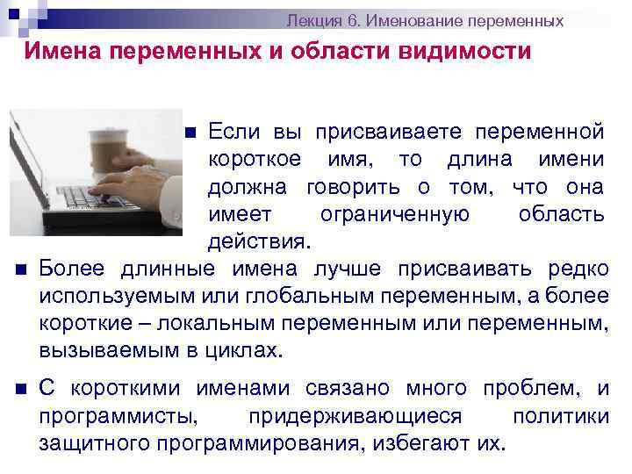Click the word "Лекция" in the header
[x=314, y=20]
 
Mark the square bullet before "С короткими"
[x=20, y=389]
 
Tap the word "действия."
[x=258, y=241]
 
